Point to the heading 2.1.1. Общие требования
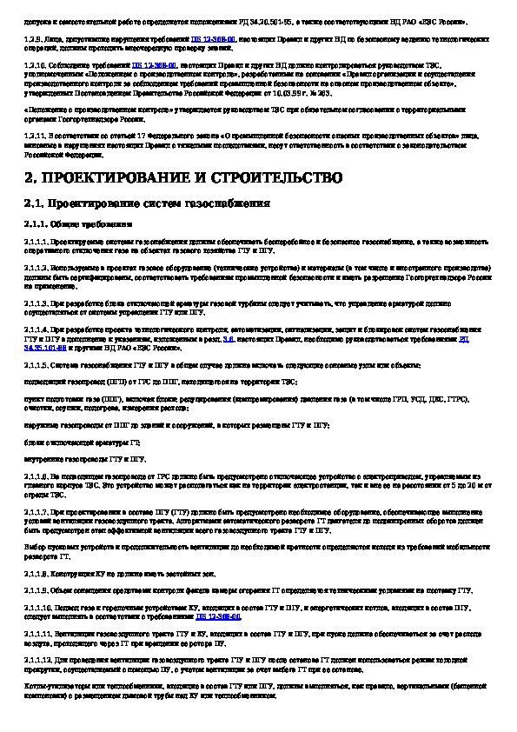click(80, 223)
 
